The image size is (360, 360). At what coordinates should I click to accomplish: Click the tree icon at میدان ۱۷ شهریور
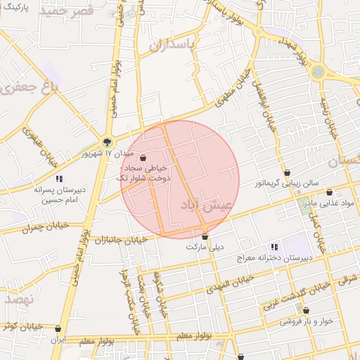tap(107, 141)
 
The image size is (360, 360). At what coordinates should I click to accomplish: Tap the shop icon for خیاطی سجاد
tap(143, 158)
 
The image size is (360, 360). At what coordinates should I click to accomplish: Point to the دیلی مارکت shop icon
tap(205, 236)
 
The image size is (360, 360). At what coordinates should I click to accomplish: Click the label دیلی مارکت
tap(204, 247)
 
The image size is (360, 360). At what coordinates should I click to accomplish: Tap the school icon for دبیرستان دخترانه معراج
tap(274, 247)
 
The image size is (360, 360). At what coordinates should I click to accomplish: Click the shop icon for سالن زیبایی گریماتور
tap(287, 173)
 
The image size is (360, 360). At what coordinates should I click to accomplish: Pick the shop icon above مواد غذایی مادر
tap(329, 192)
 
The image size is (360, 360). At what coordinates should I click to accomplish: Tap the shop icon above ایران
tap(58, 328)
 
